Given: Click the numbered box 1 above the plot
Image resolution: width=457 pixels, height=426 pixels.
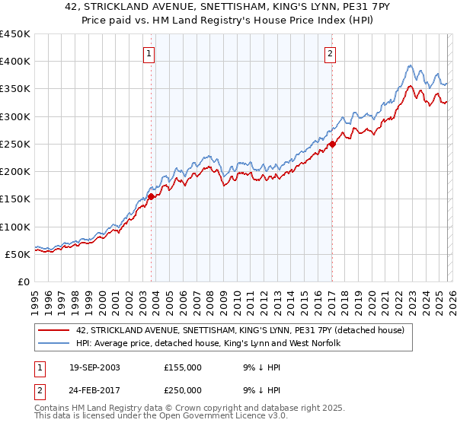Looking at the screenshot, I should point(149,54).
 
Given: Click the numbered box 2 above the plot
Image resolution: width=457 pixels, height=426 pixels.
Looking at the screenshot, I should point(330,54).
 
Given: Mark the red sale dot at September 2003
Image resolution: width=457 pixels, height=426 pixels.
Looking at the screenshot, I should point(151,196).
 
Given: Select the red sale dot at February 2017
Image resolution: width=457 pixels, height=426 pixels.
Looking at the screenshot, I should point(332,144).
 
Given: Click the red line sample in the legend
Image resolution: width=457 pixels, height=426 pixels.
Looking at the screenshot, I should point(53,330).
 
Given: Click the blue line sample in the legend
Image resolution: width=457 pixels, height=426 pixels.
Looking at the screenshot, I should point(53,344).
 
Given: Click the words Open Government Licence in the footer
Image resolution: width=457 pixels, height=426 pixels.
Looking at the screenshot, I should point(211,416).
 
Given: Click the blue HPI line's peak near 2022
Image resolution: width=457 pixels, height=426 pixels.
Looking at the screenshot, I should point(411,65).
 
